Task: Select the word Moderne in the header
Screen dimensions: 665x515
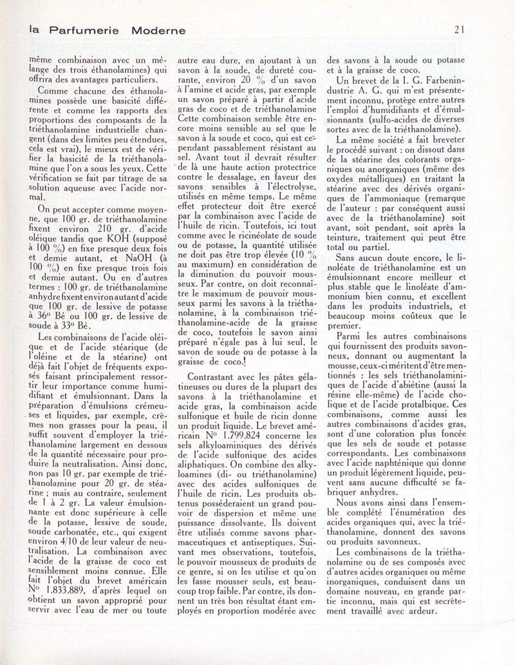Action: (153, 30)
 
